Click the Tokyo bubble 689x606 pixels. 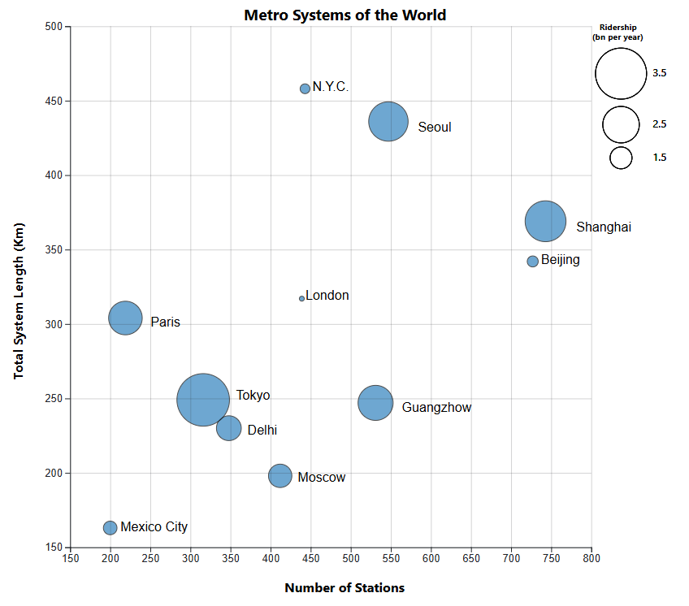click(x=203, y=400)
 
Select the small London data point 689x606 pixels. click(x=301, y=298)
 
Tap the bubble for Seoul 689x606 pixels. click(x=388, y=122)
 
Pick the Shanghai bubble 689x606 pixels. click(x=545, y=221)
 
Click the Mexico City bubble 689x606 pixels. click(x=110, y=528)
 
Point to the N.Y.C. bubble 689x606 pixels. click(x=305, y=89)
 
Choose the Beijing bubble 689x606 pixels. click(x=533, y=262)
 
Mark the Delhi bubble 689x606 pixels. click(x=229, y=428)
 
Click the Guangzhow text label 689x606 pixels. click(x=436, y=408)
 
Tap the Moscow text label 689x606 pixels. click(x=321, y=478)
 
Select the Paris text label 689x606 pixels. click(x=165, y=322)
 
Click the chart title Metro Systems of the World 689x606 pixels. click(x=344, y=15)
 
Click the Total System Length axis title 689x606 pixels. click(x=19, y=301)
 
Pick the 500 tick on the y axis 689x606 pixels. click(x=54, y=27)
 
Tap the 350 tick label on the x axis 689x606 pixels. click(x=231, y=559)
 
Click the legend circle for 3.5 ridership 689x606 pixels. click(x=621, y=73)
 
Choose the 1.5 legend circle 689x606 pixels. click(x=622, y=158)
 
